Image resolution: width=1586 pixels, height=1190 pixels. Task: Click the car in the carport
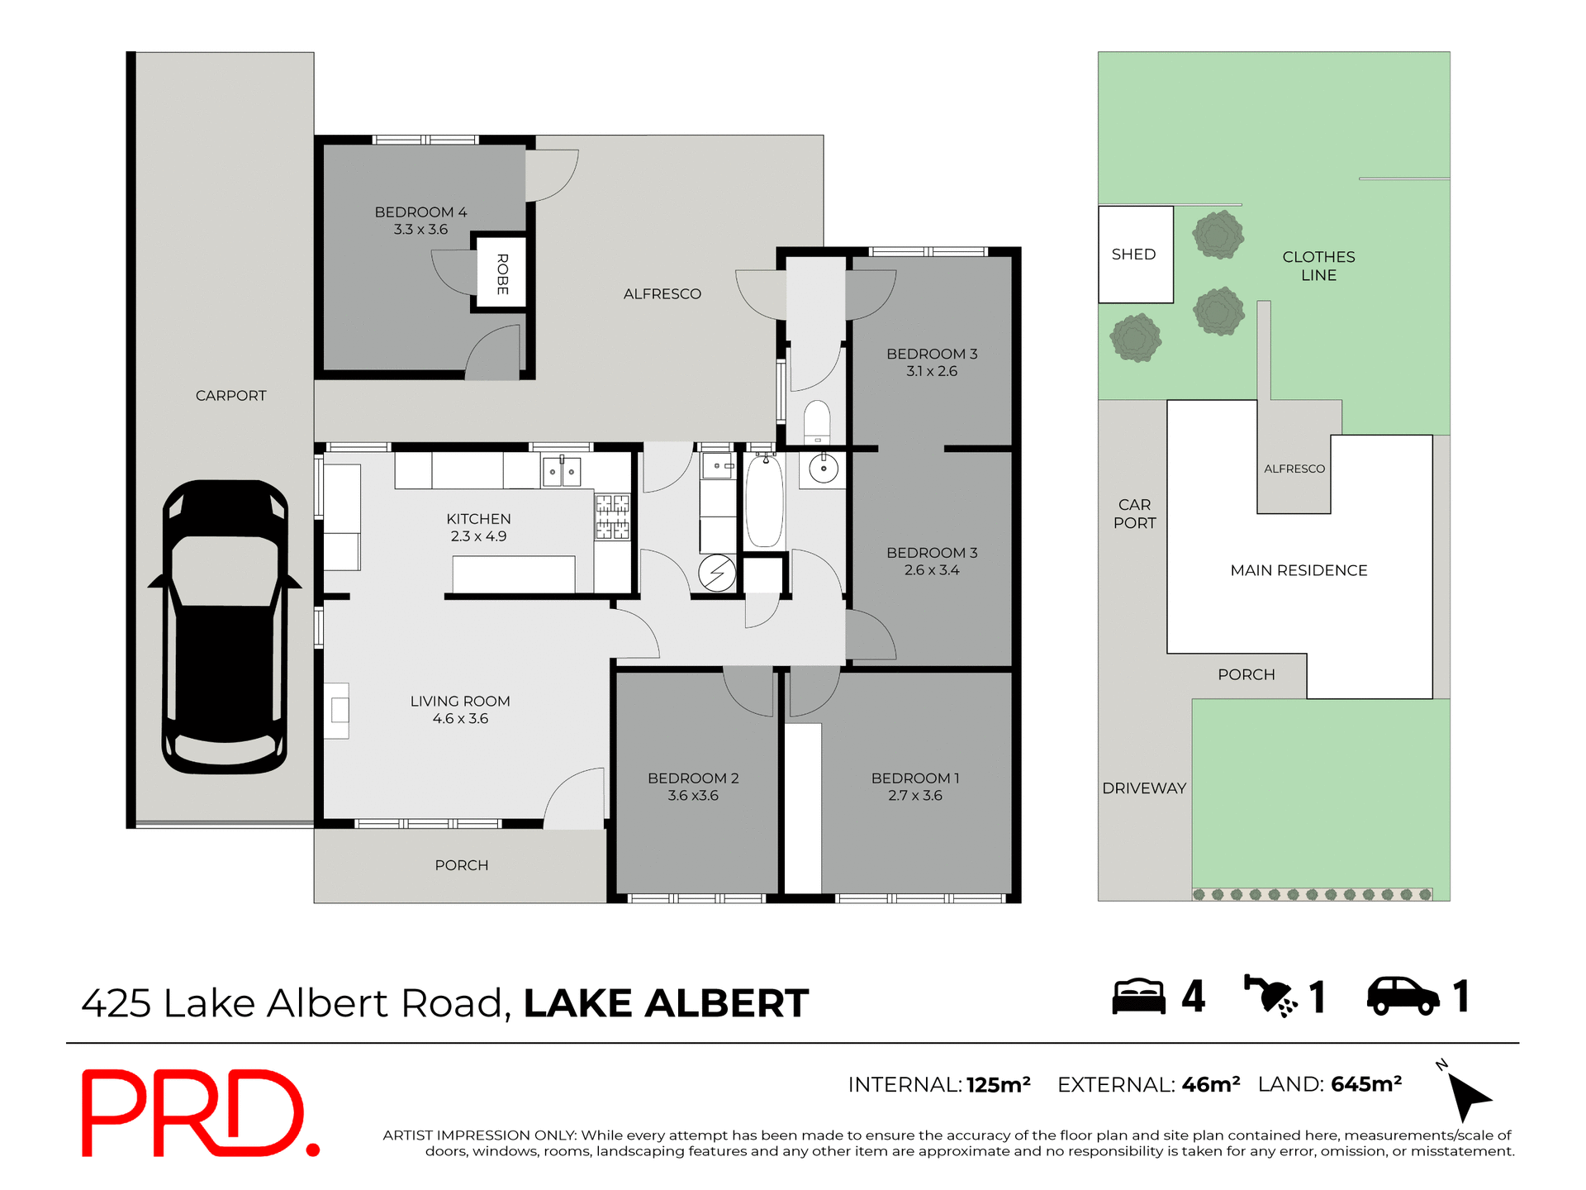point(225,628)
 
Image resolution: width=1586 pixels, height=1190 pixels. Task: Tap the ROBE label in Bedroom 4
point(502,274)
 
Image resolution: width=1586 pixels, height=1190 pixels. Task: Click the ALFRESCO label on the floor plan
point(662,294)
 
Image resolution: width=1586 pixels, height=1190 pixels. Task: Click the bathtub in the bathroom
point(764,502)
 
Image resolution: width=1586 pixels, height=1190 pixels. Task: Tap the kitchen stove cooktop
point(612,516)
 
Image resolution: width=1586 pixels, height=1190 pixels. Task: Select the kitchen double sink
point(562,472)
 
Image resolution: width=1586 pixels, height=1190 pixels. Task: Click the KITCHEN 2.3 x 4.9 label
point(478,527)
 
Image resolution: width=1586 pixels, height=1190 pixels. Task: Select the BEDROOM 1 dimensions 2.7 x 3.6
point(914,796)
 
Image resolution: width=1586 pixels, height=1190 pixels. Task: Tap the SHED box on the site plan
point(1135,255)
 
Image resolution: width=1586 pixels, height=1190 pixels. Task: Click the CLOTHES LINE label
point(1318,266)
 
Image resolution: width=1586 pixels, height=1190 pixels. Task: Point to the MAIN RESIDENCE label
point(1299,570)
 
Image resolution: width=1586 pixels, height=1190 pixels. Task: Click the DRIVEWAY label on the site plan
point(1144,788)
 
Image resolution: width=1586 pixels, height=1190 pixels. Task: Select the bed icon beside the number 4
point(1138,997)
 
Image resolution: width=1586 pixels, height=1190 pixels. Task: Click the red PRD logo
point(199,1113)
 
